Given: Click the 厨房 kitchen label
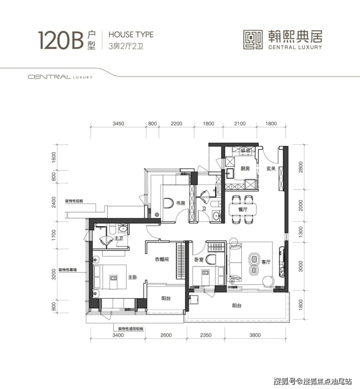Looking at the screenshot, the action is (245, 169).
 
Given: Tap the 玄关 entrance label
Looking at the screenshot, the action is (271, 169).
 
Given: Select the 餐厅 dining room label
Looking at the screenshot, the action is (243, 210).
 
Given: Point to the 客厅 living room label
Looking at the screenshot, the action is (266, 262).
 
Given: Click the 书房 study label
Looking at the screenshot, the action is (180, 203).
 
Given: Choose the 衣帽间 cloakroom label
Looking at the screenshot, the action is (162, 259).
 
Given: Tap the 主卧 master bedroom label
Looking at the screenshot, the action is (132, 277).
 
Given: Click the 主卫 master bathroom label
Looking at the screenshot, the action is (119, 238).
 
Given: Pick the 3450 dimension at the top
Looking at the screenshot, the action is (118, 124).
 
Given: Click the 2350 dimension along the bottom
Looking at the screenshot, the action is (206, 335).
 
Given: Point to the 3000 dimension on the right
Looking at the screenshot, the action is (301, 266).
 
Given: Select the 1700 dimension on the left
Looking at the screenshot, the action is (54, 235).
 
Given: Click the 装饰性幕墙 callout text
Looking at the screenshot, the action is (68, 270).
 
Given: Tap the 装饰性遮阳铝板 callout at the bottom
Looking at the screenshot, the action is (131, 329).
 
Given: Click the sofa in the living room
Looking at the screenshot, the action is (235, 263).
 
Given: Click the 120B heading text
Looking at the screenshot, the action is (60, 40).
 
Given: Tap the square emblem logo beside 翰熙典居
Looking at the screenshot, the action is (253, 40).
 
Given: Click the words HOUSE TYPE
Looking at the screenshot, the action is (131, 35).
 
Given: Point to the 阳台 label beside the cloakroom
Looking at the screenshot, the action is (166, 299).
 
